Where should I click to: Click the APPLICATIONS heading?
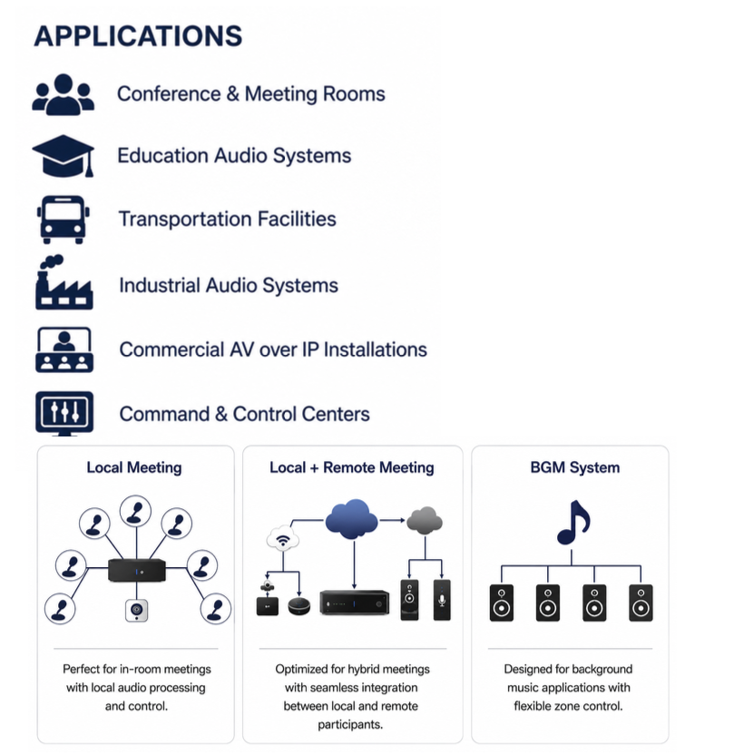138,36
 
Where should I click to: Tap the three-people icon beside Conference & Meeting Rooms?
64,94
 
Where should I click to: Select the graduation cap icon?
64,156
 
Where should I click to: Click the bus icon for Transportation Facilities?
64,220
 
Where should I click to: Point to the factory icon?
64,282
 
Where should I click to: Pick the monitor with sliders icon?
64,413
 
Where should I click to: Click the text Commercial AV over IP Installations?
273,349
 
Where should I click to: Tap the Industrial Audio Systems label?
229,285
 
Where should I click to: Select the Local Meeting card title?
134,467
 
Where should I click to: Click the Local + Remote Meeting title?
352,467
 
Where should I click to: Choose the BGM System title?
575,467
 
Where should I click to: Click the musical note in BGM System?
573,523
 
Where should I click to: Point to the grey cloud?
425,521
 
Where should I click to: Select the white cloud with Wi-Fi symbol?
283,538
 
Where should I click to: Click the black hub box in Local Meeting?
137,570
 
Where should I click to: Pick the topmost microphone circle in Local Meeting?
135,511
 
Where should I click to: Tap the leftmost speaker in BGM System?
502,603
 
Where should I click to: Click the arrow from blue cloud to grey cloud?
392,520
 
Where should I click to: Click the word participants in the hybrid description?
350,725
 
